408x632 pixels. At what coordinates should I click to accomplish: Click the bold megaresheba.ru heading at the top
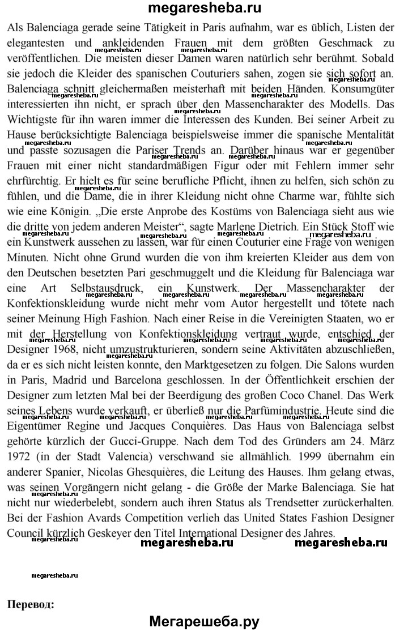click(204, 8)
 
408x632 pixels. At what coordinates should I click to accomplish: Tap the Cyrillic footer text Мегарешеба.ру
click(204, 621)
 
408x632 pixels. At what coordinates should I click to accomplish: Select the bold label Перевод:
click(31, 604)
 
